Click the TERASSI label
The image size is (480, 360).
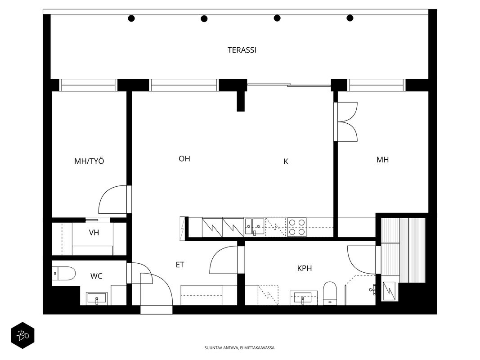pyautogui.click(x=242, y=50)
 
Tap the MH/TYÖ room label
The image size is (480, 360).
pyautogui.click(x=89, y=161)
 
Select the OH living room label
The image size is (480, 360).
pyautogui.click(x=184, y=158)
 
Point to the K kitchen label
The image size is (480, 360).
pyautogui.click(x=286, y=162)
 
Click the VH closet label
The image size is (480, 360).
pyautogui.click(x=94, y=233)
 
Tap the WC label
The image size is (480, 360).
pyautogui.click(x=96, y=276)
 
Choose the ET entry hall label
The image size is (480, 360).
pyautogui.click(x=180, y=265)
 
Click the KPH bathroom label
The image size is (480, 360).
pyautogui.click(x=305, y=269)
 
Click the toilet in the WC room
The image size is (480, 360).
pyautogui.click(x=64, y=273)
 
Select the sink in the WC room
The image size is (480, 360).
pyautogui.click(x=97, y=298)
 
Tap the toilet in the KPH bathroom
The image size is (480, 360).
pyautogui.click(x=330, y=293)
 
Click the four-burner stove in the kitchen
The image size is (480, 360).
pyautogui.click(x=296, y=227)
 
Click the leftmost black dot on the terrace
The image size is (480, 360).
pyautogui.click(x=131, y=18)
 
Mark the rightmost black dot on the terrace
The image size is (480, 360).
pyautogui.click(x=350, y=18)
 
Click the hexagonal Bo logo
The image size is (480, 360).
pyautogui.click(x=22, y=335)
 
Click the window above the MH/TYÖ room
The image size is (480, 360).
pyautogui.click(x=88, y=85)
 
